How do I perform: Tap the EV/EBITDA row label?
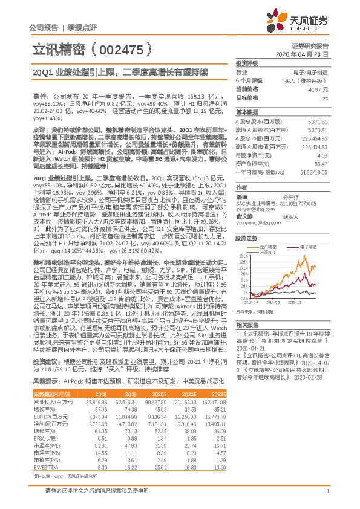click(42, 466)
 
